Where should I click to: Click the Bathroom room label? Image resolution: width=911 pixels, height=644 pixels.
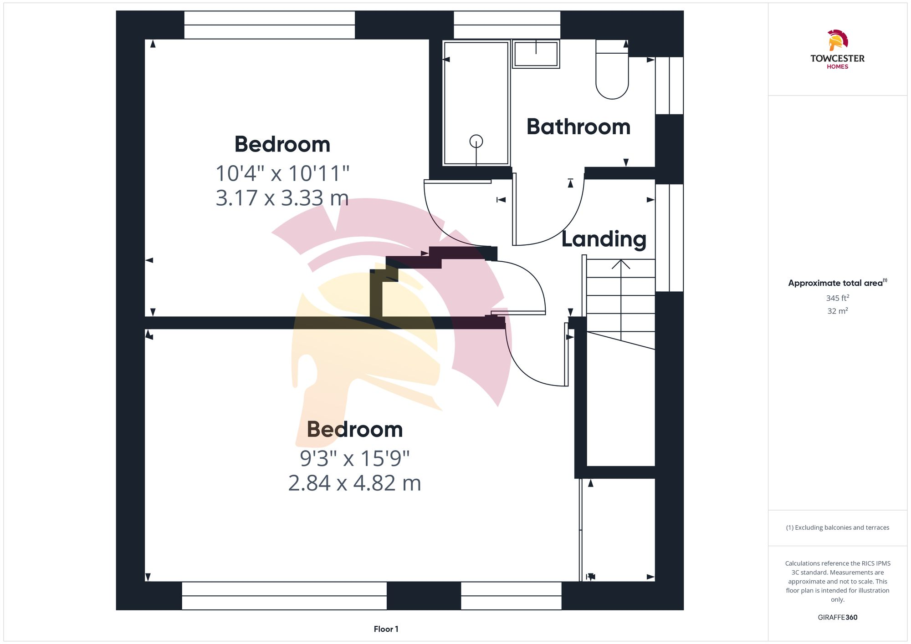(x=578, y=127)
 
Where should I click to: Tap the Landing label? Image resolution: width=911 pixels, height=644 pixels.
(x=604, y=239)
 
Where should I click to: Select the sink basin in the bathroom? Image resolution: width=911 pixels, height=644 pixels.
(x=536, y=54)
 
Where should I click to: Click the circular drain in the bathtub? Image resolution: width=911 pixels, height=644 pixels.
(x=476, y=141)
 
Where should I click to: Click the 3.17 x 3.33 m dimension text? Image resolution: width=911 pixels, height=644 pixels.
(x=282, y=198)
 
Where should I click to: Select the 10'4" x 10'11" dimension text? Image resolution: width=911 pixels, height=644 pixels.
(x=282, y=173)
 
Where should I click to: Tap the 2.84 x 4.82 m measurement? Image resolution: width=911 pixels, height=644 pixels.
(x=354, y=483)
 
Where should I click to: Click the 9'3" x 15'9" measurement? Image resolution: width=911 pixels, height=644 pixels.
(x=354, y=458)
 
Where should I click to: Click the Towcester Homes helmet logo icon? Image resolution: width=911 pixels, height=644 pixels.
(x=837, y=41)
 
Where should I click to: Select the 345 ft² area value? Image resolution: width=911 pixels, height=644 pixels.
(x=837, y=298)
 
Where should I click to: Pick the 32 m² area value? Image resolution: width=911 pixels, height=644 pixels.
(x=837, y=311)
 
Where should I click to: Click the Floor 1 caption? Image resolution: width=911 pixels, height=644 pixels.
(x=386, y=629)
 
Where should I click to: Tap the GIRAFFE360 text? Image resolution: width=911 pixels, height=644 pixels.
(x=837, y=618)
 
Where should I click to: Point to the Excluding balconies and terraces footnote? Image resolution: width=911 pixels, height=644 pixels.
(x=837, y=527)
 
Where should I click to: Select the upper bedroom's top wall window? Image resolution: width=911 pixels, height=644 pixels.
(x=269, y=25)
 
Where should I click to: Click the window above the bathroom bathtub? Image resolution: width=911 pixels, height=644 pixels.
(x=507, y=25)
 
